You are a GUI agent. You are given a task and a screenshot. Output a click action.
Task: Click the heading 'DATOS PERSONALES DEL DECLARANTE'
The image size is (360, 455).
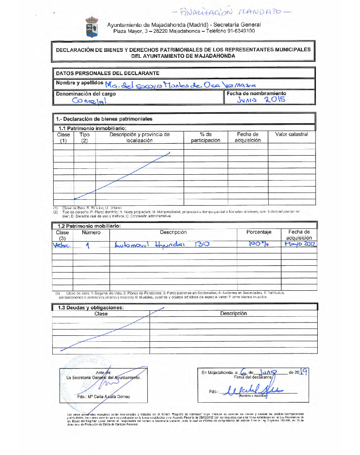pos(107,73)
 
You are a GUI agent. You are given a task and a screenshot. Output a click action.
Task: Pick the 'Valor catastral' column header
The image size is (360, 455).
pos(291,134)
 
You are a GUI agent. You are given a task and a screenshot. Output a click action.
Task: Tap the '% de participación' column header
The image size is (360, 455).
pos(205,137)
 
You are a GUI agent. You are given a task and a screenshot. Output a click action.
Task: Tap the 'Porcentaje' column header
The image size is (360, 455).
pos(259,232)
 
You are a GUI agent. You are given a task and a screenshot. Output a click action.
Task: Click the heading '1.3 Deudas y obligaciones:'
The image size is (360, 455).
pos(89,308)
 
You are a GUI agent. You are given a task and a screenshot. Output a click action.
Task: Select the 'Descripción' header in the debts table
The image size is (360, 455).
pos(233,313)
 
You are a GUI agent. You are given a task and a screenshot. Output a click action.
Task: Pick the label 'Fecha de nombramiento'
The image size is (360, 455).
pos(256,93)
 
